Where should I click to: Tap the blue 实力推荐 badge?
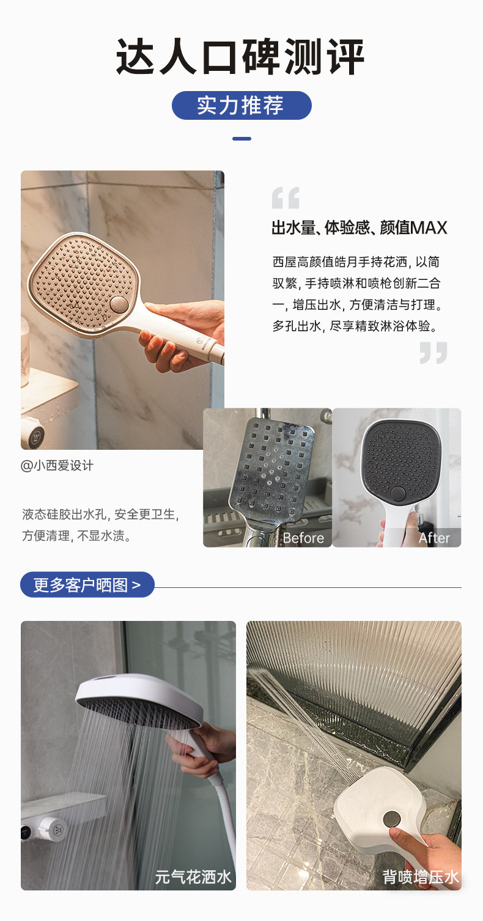coord(241,106)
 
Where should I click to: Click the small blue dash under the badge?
coord(242,139)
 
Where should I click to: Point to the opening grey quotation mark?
coord(286,199)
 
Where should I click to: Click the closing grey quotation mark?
coord(433,353)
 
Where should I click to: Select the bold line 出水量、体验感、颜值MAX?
coord(359,228)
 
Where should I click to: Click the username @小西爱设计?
coord(57,466)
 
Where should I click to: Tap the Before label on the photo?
coord(303,538)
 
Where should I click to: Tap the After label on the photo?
coord(434,538)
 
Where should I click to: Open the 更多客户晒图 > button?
coord(87,585)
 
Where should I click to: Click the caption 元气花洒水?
coord(193,877)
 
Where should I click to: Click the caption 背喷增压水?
coord(421,877)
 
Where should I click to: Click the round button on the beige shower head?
coord(119,304)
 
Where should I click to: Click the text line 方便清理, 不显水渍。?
coord(77,536)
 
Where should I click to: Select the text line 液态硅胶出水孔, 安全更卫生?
coord(101,514)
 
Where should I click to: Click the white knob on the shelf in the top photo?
coord(32,433)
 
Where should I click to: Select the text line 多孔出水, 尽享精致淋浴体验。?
coord(355,326)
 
